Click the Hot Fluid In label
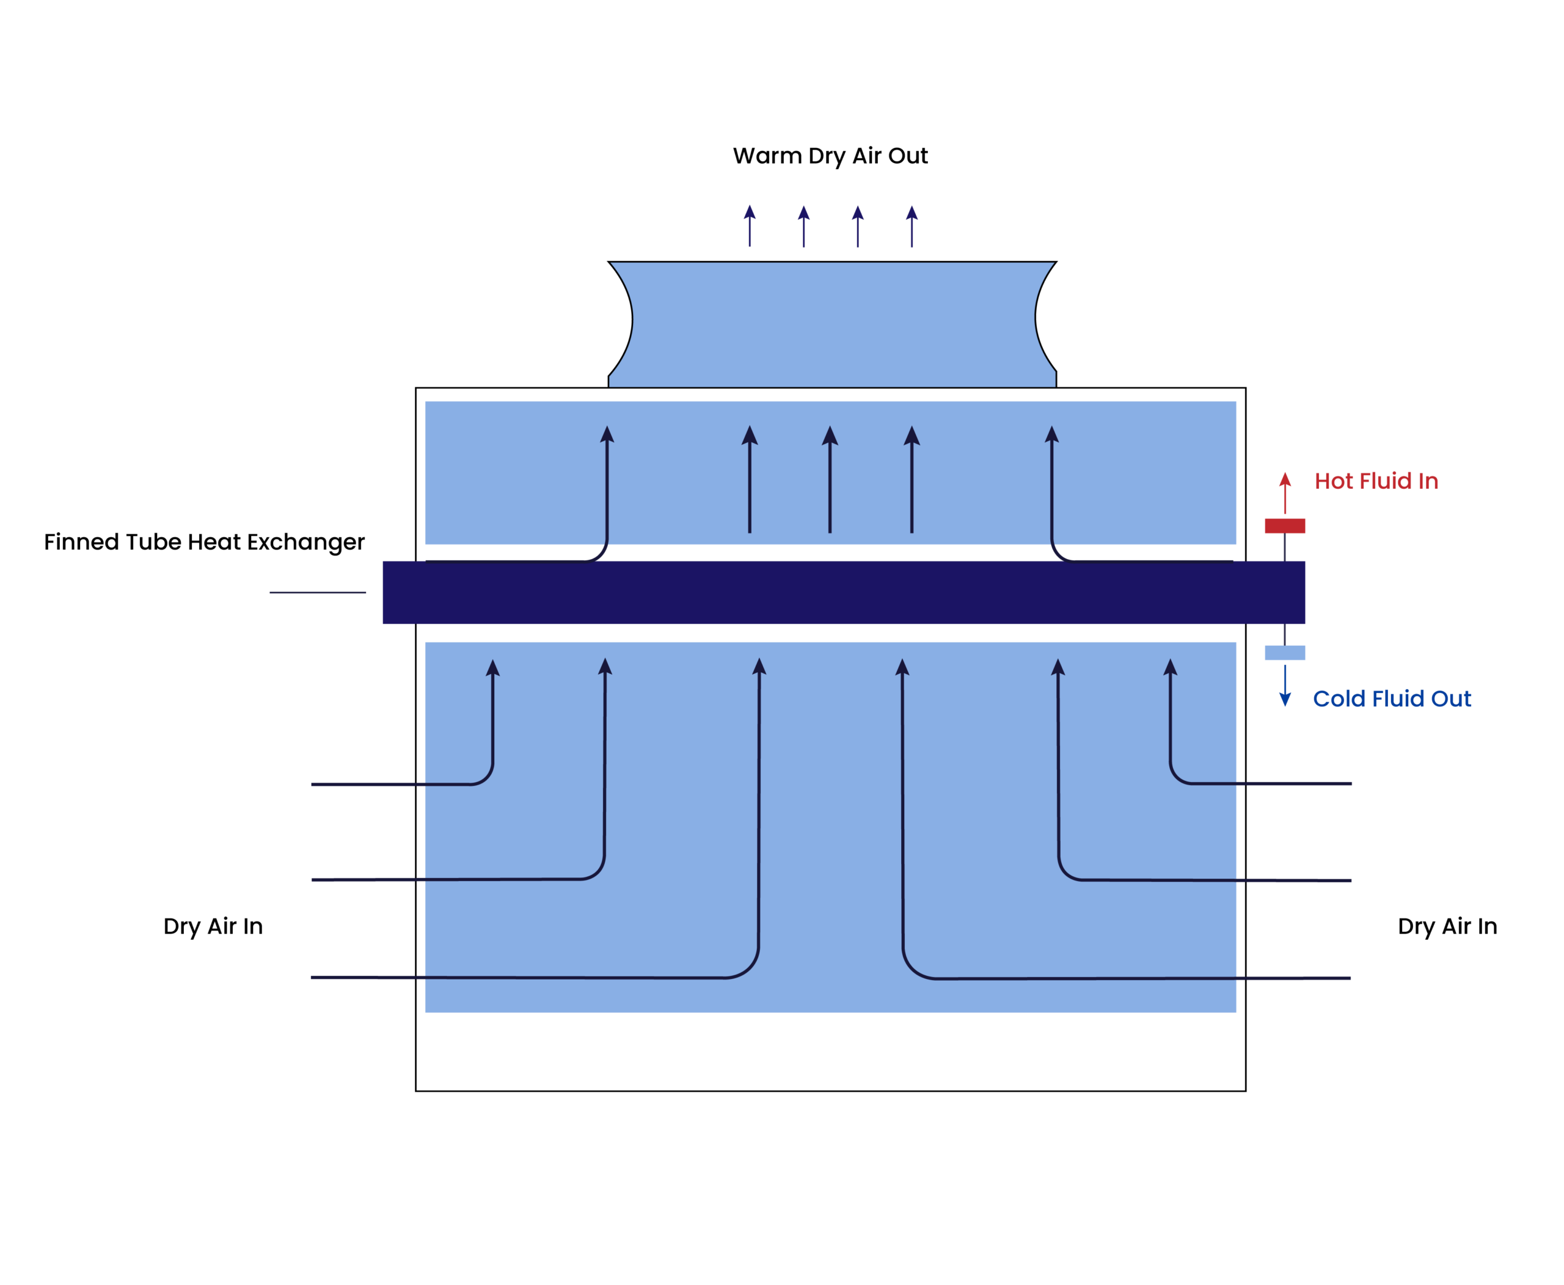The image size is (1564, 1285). point(1376,481)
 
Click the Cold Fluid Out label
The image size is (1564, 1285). point(1392,699)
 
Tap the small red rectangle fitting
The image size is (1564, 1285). point(1284,526)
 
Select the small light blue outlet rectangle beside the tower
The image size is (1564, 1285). point(1284,653)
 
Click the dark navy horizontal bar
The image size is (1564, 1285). point(843,592)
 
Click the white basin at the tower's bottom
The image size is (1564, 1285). point(830,1050)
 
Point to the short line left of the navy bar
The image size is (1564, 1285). point(318,593)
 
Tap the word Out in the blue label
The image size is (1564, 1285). point(1451,699)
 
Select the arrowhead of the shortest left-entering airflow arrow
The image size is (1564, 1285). point(493,668)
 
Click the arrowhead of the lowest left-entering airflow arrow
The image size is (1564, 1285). point(759,667)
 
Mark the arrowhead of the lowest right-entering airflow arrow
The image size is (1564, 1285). point(902,668)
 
